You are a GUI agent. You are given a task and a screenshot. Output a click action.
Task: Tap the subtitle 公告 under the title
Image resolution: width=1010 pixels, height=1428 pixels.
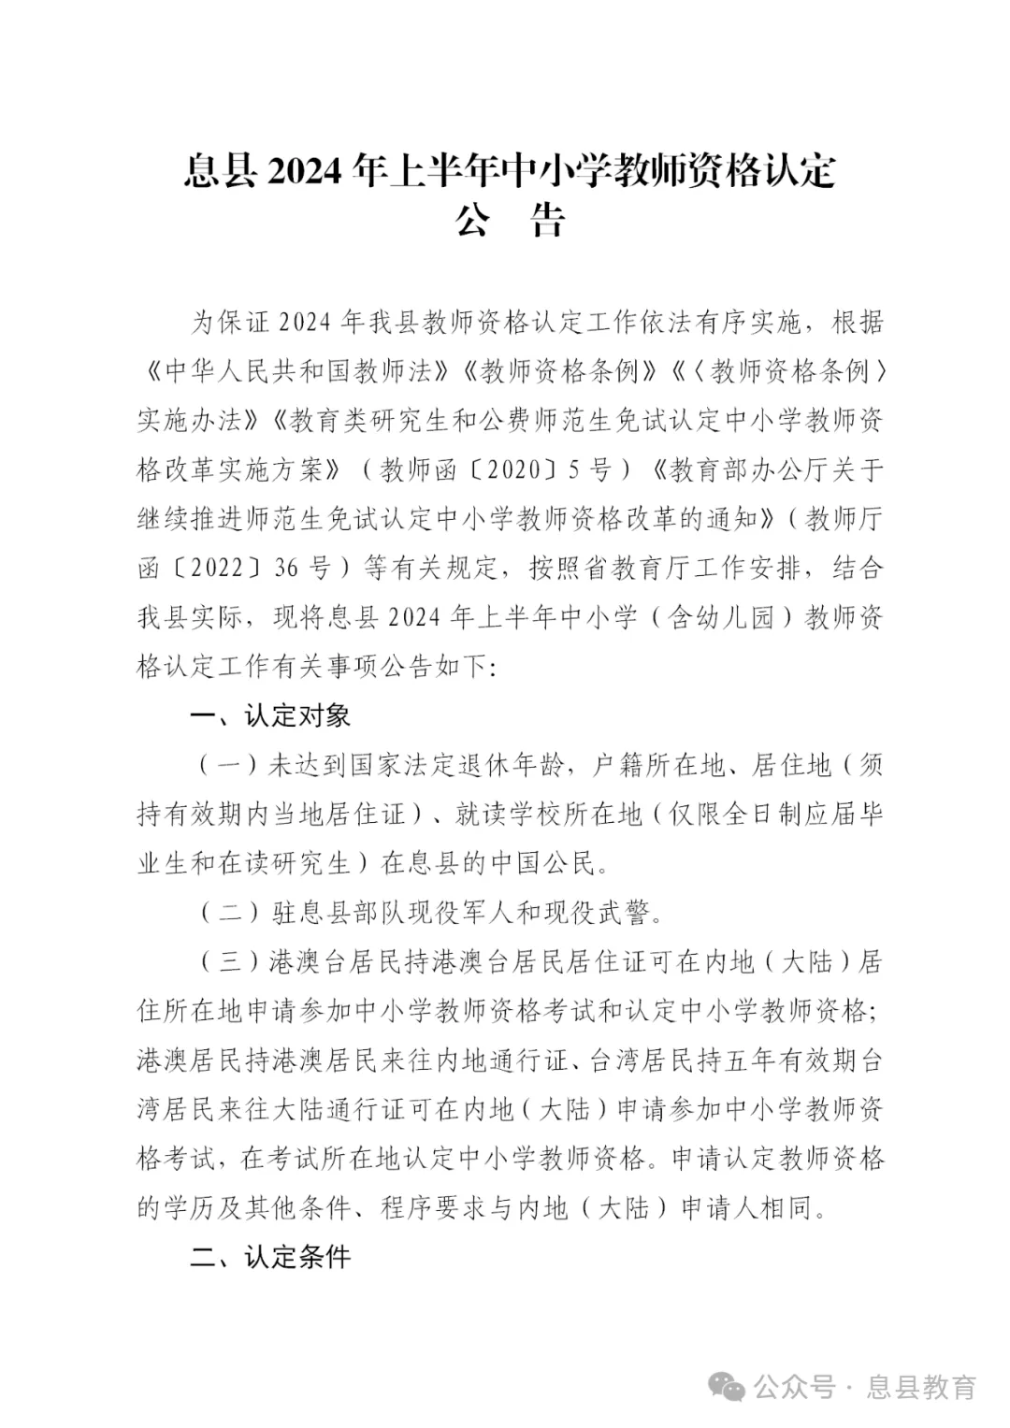(511, 222)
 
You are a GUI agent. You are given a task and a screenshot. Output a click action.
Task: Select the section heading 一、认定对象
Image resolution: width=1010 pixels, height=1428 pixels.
(270, 716)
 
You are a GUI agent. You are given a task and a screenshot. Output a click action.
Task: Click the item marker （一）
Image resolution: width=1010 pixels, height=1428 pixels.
(229, 766)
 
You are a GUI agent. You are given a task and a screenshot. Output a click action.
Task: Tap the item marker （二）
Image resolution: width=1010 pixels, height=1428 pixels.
(229, 913)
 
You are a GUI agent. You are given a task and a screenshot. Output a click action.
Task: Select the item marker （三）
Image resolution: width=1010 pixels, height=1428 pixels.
(229, 962)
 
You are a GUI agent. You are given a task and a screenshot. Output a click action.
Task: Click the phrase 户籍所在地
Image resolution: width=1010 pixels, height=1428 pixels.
(658, 766)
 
